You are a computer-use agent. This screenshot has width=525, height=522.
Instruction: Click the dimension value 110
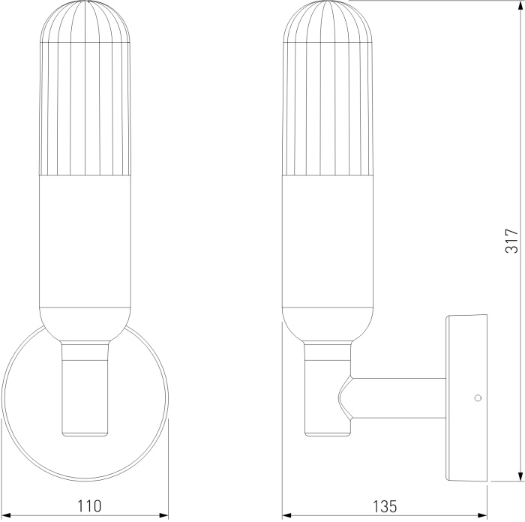[x=88, y=505]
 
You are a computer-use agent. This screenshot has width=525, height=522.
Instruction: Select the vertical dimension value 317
[x=511, y=240]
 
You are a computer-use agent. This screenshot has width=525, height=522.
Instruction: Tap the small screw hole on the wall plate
[x=476, y=398]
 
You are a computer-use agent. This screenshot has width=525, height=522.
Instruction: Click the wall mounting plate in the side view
[x=466, y=397]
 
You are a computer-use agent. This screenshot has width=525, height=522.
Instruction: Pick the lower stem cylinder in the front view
[x=85, y=397]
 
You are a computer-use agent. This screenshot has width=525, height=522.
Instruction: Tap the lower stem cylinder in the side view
[x=328, y=397]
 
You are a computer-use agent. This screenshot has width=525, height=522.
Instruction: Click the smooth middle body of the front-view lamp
[x=86, y=240]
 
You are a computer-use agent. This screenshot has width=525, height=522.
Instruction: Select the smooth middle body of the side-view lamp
[x=328, y=240]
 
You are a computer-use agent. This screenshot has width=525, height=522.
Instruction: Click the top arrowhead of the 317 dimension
[x=520, y=6]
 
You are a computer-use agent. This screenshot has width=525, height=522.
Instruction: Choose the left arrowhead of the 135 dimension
[x=287, y=515]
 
